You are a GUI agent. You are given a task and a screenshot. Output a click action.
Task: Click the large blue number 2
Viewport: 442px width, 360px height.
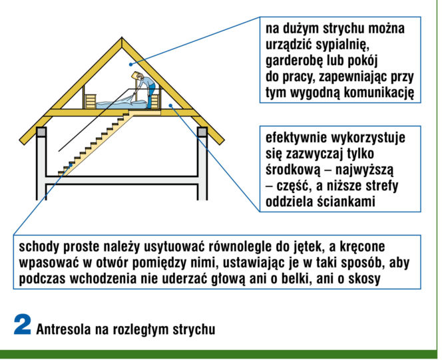point(22,325)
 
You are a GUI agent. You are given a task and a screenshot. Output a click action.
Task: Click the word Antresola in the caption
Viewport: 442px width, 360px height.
point(64,329)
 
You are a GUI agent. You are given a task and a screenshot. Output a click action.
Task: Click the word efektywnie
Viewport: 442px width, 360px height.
point(296,138)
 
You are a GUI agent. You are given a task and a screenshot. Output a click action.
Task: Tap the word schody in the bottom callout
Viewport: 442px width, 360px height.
point(39,247)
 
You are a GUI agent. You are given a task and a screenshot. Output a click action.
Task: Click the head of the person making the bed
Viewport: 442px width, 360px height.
point(140,77)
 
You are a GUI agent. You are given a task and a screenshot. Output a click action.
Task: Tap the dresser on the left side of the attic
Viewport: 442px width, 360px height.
point(91,101)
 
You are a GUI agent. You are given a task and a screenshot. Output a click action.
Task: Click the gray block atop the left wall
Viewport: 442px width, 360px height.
point(41,132)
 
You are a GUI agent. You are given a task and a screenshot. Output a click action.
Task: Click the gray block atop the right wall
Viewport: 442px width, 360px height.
point(202,132)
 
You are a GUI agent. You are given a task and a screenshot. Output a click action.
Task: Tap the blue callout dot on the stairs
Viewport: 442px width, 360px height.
point(71,166)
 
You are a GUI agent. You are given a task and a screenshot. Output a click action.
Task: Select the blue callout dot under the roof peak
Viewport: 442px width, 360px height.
point(130,65)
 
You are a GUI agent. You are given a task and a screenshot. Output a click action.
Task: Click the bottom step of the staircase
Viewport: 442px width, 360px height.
point(62,172)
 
